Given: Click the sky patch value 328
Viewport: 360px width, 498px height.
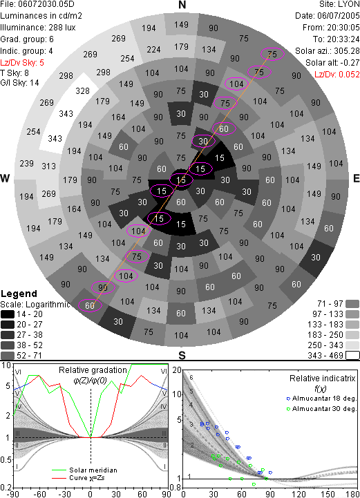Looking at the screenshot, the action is click(83, 91).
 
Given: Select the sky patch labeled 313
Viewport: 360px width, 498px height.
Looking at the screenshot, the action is click(48, 166).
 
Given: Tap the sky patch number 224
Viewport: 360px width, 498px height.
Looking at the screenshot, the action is click(153, 50).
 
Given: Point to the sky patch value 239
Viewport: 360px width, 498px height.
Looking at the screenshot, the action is click(26, 164).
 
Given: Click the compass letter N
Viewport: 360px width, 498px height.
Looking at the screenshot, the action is click(182, 5).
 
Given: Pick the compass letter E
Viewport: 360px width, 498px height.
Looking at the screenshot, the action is click(356, 178).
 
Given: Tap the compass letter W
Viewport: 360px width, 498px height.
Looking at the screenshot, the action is click(5, 178).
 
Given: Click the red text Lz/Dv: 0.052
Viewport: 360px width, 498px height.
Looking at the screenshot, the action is click(337, 75).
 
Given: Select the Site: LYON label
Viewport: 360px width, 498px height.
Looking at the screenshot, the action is click(339, 4).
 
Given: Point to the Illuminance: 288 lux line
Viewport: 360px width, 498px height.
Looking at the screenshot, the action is click(38, 28).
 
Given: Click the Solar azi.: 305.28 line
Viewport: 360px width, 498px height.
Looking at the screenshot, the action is click(328, 51).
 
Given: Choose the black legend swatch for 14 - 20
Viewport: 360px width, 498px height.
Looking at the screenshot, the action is click(8, 314).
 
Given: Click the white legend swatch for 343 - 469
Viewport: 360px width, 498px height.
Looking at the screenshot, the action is click(352, 356).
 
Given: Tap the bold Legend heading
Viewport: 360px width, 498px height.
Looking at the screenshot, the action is click(19, 294).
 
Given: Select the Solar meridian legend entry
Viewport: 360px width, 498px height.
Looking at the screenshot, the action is click(84, 470).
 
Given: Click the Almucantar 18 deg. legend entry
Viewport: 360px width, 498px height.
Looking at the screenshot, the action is click(321, 399).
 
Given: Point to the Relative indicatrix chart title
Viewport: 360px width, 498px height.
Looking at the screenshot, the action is click(322, 379).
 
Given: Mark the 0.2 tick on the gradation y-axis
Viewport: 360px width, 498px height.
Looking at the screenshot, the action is click(6, 488).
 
